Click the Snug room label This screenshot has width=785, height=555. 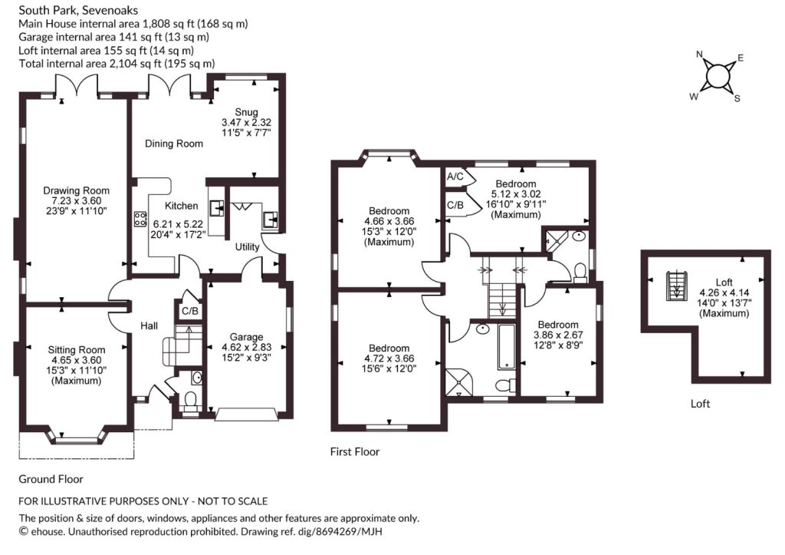coord(246,112)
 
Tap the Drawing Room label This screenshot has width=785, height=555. coord(76,190)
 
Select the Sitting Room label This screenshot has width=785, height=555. coord(77,350)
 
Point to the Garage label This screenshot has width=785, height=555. coord(246,337)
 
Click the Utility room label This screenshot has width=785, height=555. coord(248,246)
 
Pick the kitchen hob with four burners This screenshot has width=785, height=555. coord(140,219)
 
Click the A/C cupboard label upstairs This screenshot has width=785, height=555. coord(455,177)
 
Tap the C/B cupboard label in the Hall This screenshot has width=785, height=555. coord(190,312)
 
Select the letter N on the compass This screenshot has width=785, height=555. coord(700,55)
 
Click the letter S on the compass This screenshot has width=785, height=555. coord(737,99)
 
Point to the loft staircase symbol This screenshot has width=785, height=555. coord(676,286)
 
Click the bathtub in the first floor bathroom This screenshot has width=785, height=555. coord(506,347)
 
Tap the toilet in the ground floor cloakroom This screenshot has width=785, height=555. coord(190,401)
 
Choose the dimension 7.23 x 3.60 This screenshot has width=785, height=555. coord(76,200)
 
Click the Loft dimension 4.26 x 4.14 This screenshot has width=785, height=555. coord(724,292)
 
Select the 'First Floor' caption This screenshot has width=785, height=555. coord(355,451)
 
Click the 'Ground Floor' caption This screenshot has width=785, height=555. coord(51,479)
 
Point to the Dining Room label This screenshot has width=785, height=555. coord(174,144)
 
